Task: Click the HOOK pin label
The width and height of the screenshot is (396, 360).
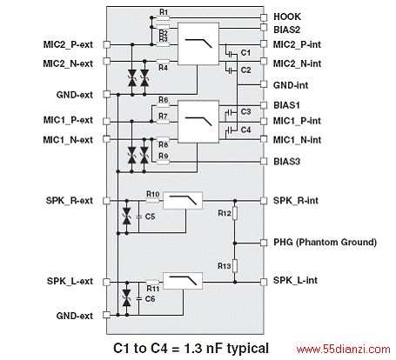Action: [x=287, y=17]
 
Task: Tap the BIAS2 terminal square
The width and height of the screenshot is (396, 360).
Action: [x=264, y=28]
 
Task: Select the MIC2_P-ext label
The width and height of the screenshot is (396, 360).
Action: [x=68, y=44]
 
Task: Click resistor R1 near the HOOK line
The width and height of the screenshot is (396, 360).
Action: [x=163, y=18]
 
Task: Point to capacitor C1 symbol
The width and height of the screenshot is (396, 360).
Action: [x=231, y=54]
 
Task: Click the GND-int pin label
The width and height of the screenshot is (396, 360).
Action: [x=291, y=85]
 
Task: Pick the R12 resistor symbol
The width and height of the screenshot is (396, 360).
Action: [x=235, y=213]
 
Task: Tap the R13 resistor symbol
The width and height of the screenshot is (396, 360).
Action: [x=235, y=266]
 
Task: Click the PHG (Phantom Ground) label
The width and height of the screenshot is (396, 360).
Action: [x=325, y=242]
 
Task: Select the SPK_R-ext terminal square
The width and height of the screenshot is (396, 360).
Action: [x=107, y=201]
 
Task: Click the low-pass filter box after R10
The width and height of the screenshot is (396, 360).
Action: [x=183, y=200]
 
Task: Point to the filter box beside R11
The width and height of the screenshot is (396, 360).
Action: [x=183, y=281]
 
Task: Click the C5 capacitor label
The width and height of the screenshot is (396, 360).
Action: [x=150, y=217]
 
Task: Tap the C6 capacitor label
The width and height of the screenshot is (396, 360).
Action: [x=150, y=299]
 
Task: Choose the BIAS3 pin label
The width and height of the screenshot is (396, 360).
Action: [x=286, y=162]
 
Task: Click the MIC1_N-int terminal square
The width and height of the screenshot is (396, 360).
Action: [x=264, y=139]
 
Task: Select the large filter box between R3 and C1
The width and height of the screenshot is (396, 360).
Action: [x=198, y=43]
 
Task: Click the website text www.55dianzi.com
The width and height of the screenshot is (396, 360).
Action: [x=343, y=350]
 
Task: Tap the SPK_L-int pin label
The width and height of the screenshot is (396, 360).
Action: [x=295, y=280]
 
